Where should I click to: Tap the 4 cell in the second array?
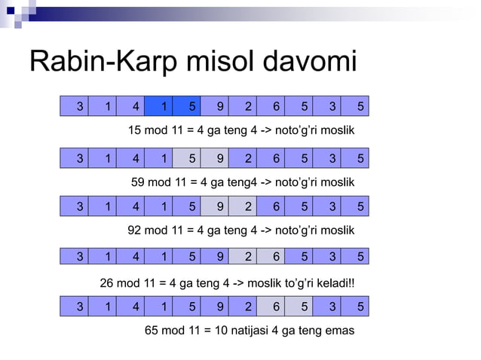pyautogui.click(x=136, y=158)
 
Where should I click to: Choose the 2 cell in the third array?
pyautogui.click(x=248, y=206)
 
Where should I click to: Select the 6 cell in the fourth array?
pyautogui.click(x=276, y=256)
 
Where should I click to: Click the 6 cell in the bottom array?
pyautogui.click(x=276, y=307)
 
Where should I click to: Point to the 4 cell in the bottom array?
pyautogui.click(x=136, y=307)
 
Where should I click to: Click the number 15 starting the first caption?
pyautogui.click(x=135, y=131)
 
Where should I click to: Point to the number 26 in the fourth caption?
pyautogui.click(x=108, y=283)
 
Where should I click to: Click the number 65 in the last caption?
pyautogui.click(x=152, y=330)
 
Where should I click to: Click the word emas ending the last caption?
pyautogui.click(x=339, y=330)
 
